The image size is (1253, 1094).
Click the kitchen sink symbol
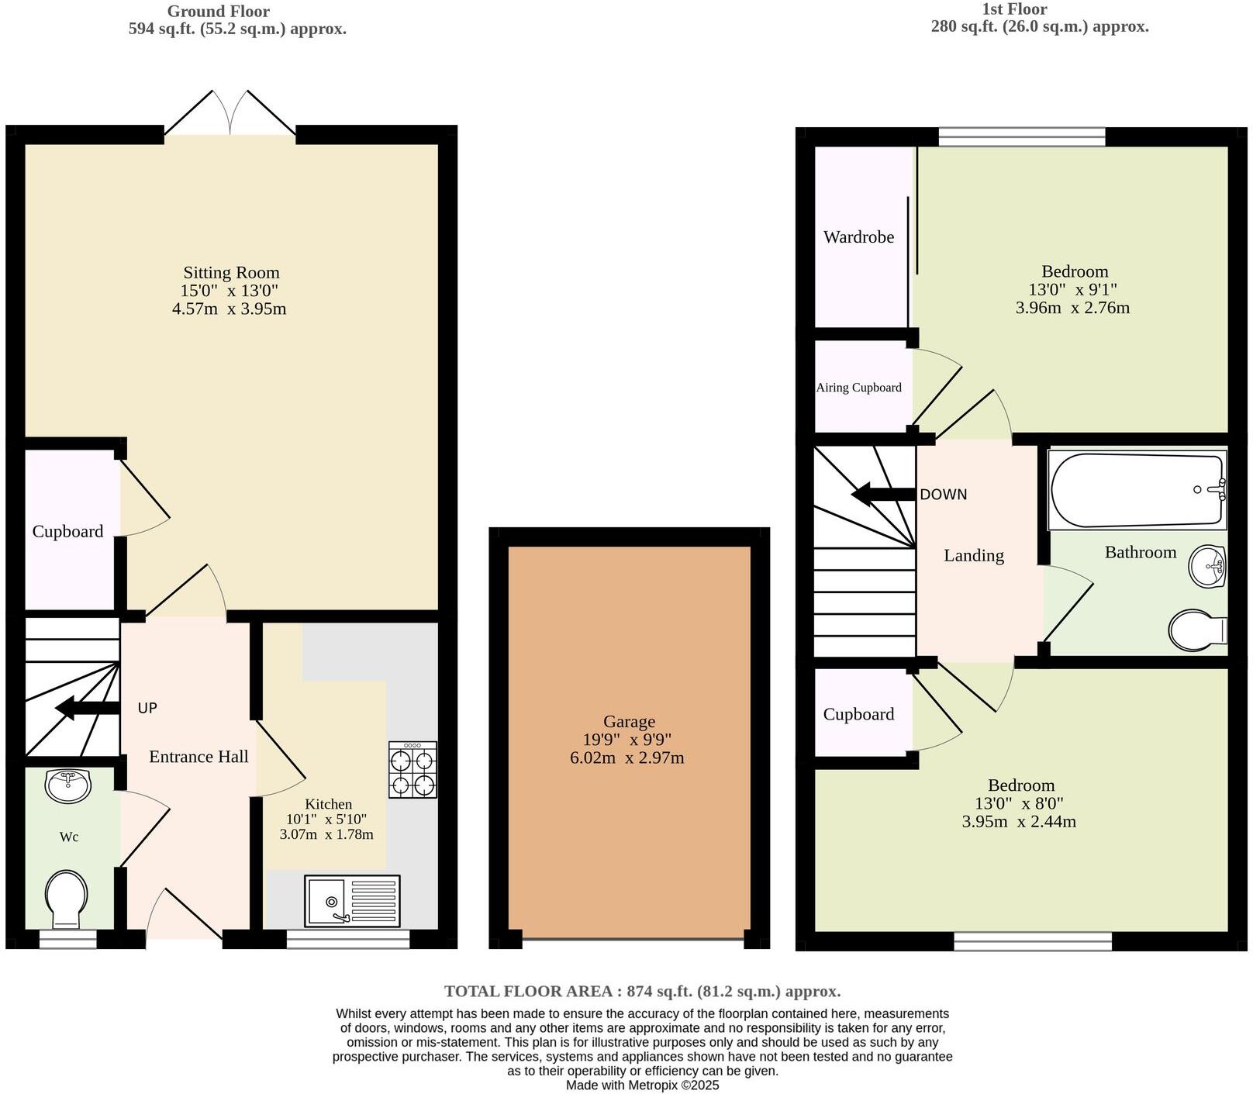352,901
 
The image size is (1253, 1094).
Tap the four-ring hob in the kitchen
412,770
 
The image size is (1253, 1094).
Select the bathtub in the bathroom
1136,490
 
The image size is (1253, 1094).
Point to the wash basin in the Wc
68,785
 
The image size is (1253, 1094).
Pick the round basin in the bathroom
1206,566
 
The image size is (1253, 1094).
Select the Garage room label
629,722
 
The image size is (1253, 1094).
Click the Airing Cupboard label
858,388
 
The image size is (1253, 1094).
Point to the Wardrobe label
858,237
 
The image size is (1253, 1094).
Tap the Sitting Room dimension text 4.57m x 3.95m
229,309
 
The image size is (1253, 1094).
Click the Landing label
973,555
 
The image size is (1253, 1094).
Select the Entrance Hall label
198,757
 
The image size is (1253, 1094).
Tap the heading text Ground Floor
219,12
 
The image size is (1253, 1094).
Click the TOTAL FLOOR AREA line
642,991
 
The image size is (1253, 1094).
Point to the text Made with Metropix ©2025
642,1085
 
